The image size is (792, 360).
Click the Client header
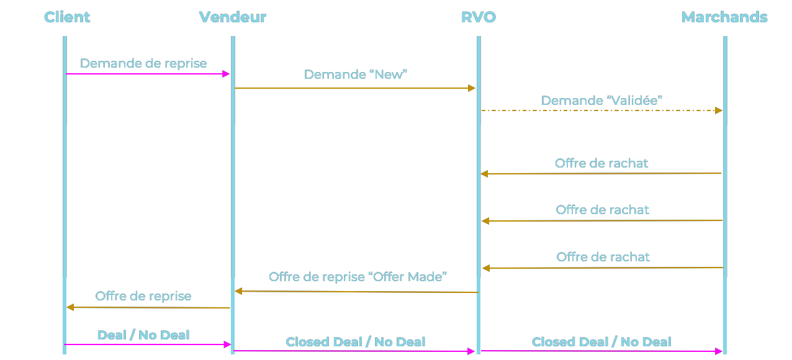(x=67, y=17)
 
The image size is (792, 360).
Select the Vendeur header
(x=232, y=17)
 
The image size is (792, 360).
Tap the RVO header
(x=478, y=17)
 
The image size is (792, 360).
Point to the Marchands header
(x=724, y=17)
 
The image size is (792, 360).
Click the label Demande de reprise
(x=143, y=63)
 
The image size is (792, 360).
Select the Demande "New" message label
(x=355, y=74)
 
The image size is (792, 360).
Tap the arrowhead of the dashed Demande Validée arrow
(x=718, y=110)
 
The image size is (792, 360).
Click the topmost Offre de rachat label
(x=601, y=163)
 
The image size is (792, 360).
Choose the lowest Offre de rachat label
(x=603, y=257)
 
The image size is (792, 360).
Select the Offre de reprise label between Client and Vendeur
(x=143, y=296)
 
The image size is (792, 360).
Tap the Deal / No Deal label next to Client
(x=143, y=335)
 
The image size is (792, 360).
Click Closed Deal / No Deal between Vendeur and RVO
(x=355, y=342)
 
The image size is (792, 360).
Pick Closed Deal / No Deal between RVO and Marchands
(x=601, y=342)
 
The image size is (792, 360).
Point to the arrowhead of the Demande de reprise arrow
(x=227, y=74)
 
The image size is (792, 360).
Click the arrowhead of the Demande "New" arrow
(x=472, y=88)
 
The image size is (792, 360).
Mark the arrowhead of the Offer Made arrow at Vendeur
(x=238, y=290)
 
